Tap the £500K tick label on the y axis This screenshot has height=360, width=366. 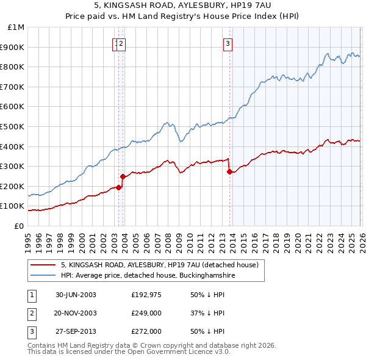pos(12,126)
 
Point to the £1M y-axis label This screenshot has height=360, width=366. pos(16,27)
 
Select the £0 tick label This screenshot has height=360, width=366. pos(20,226)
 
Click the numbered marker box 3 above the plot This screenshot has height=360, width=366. pos(228,43)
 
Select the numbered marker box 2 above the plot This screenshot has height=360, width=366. pos(121,43)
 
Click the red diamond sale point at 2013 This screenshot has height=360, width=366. pos(229,172)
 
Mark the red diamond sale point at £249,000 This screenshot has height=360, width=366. pos(123,176)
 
